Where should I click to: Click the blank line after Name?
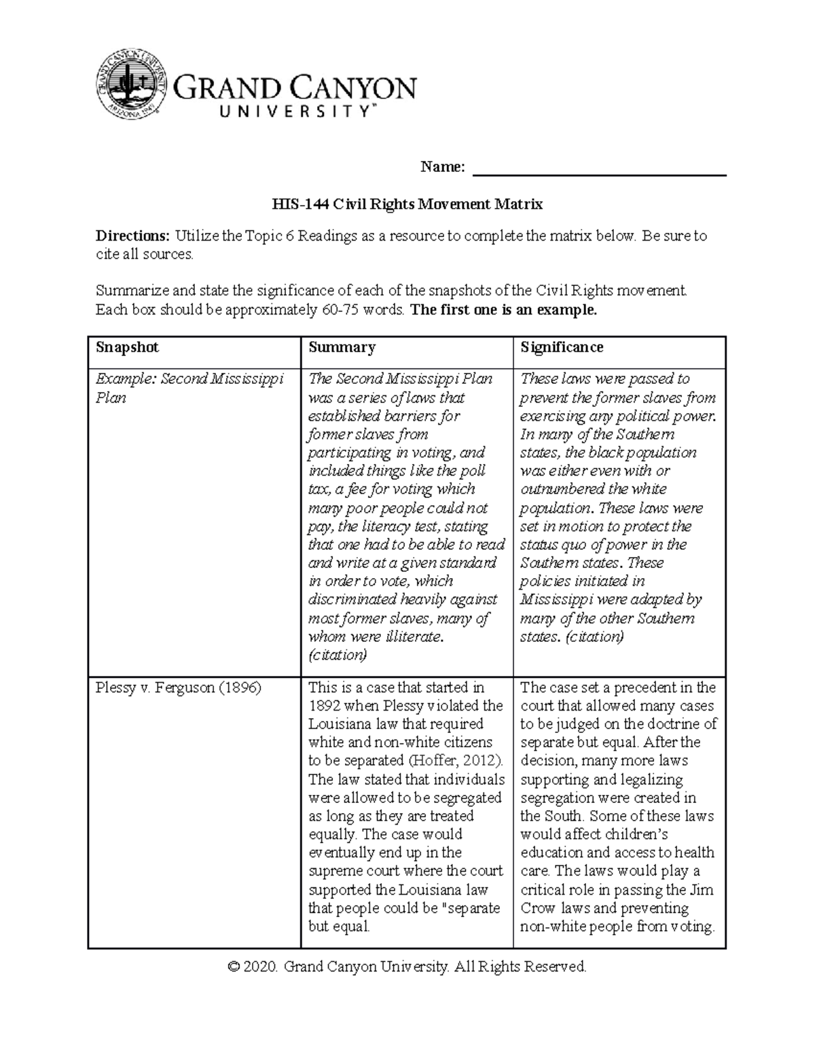pos(599,170)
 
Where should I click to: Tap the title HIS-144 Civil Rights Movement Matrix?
pos(407,204)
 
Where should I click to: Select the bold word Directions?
pos(132,236)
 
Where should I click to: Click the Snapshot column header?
pos(127,347)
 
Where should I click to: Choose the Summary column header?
pos(342,347)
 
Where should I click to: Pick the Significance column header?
pos(562,347)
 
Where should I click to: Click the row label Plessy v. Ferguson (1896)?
pos(178,687)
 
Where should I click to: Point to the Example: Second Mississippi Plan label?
pos(189,388)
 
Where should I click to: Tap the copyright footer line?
pos(407,967)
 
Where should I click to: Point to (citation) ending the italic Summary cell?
pos(338,655)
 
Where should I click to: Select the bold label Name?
pos(443,167)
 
